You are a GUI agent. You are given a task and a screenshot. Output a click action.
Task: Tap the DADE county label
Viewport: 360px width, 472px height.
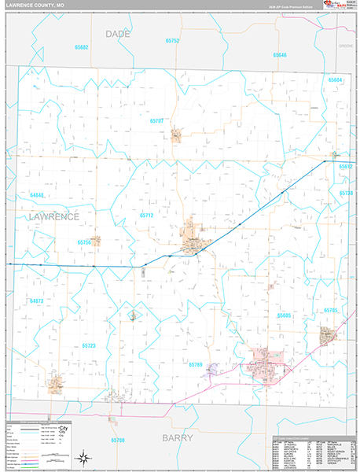coord(118,34)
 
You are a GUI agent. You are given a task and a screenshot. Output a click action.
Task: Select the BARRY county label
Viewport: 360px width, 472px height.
coord(178,437)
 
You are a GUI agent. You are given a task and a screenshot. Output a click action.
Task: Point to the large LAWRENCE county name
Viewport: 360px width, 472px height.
coord(53,216)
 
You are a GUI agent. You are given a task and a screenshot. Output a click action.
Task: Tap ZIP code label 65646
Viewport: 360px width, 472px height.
coord(280,54)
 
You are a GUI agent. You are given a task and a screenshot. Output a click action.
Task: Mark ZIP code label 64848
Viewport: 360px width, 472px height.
coord(37,194)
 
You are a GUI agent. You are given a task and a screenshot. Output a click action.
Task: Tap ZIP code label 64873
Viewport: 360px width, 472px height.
coord(37,301)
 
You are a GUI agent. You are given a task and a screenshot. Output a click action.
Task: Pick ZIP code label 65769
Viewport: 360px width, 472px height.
coord(196,364)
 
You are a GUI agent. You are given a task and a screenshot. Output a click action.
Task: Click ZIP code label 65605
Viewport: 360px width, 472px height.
coord(284,315)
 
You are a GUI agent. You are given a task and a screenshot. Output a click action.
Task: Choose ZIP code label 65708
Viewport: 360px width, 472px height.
coord(118,440)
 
